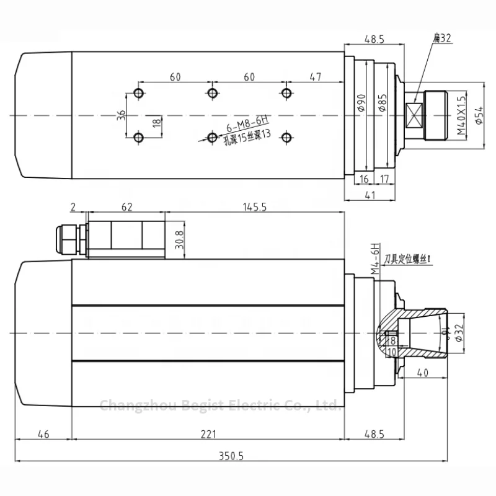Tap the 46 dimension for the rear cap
43,435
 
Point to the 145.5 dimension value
255,208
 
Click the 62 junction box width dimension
126,208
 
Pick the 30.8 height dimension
179,237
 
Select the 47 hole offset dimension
315,77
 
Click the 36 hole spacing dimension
122,115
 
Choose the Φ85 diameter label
383,104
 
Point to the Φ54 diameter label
478,116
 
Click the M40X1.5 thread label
461,116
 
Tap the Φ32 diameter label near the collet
459,334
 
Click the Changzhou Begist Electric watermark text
221,405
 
